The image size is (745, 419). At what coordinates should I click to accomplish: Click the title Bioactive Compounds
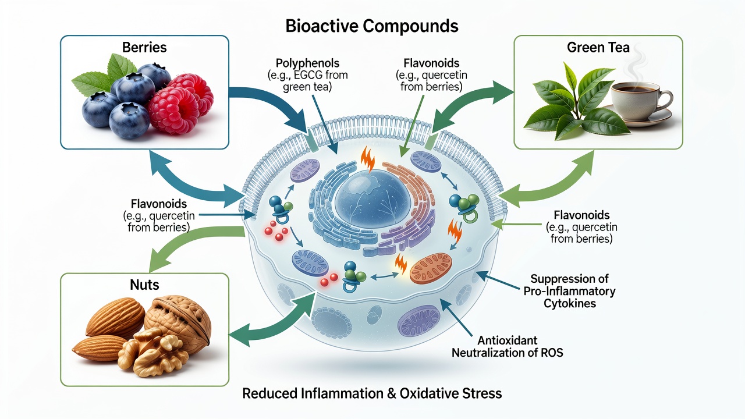click(x=372, y=26)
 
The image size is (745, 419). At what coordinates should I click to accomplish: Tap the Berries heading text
click(x=144, y=47)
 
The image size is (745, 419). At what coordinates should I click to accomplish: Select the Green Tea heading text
click(x=598, y=47)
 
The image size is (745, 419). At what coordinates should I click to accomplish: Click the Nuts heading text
click(x=144, y=285)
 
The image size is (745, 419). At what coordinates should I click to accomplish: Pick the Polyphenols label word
click(x=308, y=63)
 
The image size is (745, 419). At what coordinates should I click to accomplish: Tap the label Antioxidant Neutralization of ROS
click(x=507, y=346)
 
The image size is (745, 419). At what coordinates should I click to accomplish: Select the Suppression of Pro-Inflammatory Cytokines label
click(x=569, y=291)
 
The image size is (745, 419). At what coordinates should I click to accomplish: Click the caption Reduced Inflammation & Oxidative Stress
click(x=372, y=393)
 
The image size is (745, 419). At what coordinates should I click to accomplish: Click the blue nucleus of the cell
click(x=372, y=199)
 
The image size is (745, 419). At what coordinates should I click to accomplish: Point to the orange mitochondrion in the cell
click(x=431, y=268)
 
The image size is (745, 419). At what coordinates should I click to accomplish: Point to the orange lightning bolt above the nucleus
click(x=368, y=159)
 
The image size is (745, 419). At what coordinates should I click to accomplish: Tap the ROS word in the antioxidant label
click(x=551, y=353)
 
